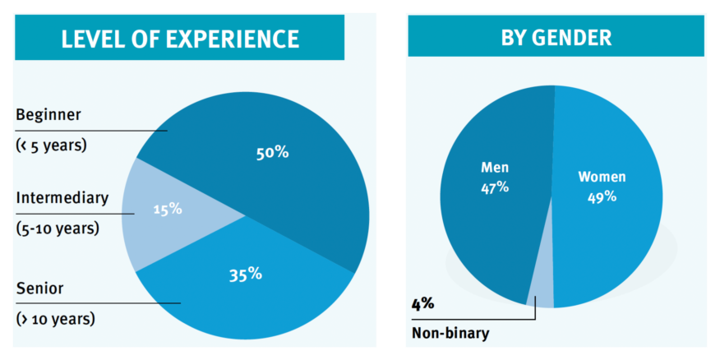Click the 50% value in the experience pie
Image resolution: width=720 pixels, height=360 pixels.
click(x=272, y=152)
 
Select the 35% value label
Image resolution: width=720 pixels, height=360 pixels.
click(x=245, y=274)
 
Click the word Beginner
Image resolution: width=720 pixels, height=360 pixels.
click(x=48, y=114)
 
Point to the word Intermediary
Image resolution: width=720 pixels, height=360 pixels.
click(x=62, y=197)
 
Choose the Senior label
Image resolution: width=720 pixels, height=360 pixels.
click(x=39, y=288)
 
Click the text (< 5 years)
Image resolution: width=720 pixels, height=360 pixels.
click(x=51, y=145)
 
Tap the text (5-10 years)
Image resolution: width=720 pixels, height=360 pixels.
click(x=57, y=228)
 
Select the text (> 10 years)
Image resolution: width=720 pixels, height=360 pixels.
click(x=55, y=318)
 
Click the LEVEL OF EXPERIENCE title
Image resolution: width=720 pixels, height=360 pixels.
click(x=180, y=39)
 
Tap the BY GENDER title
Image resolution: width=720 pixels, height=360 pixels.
click(x=556, y=38)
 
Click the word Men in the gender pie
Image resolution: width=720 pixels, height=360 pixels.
click(x=495, y=168)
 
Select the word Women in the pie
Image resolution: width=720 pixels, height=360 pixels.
click(x=602, y=177)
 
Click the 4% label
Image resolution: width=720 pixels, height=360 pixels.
click(x=422, y=303)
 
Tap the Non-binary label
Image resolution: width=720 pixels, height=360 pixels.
click(x=450, y=333)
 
